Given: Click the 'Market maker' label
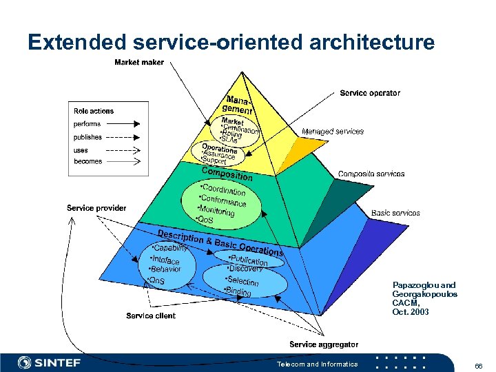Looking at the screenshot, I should (x=138, y=63).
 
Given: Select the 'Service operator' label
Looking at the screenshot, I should (x=370, y=93).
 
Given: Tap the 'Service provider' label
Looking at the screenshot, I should (x=96, y=208).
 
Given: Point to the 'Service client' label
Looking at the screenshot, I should (x=151, y=316).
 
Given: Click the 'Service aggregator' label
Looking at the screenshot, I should (x=324, y=344).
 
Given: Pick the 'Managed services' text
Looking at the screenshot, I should (x=333, y=131).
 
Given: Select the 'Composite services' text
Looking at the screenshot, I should (x=371, y=174).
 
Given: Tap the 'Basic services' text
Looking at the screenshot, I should (x=395, y=213).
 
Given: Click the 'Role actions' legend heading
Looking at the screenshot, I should (x=94, y=111).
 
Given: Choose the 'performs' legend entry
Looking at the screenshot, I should (x=87, y=124).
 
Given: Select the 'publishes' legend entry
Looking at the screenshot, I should (x=88, y=137).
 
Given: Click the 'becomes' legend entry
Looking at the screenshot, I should (x=87, y=162).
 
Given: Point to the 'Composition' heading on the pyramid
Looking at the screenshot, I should (x=227, y=173).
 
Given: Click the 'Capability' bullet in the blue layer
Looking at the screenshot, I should (x=170, y=248).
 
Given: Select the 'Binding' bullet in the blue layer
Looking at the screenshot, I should (x=238, y=291).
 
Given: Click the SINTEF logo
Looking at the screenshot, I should (x=50, y=362).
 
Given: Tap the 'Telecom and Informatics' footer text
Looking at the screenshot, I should (x=317, y=364).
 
